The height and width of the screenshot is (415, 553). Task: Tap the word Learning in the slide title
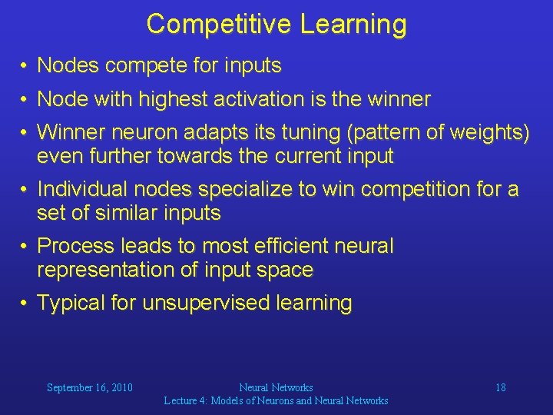353,24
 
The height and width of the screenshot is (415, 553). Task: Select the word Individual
84,189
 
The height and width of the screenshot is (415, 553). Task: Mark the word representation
108,270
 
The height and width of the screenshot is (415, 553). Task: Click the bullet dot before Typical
25,303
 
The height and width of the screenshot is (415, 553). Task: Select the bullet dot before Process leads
25,246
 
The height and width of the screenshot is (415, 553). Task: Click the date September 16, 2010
89,387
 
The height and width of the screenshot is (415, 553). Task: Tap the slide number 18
500,387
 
